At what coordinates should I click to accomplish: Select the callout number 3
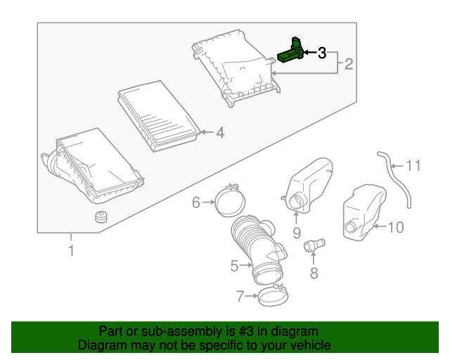point(322,53)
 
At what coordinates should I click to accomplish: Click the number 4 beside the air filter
point(219,131)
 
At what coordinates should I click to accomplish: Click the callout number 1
point(70,250)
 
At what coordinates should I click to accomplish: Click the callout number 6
point(196,203)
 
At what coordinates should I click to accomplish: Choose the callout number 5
point(235,266)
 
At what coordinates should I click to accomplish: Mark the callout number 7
point(240,297)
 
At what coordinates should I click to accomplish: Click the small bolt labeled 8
point(313,245)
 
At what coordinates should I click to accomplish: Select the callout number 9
point(296,232)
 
